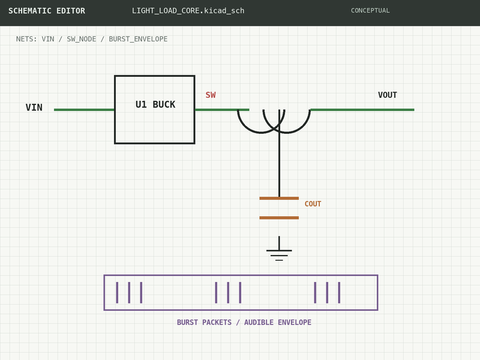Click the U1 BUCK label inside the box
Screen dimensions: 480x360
pyautogui.click(x=155, y=104)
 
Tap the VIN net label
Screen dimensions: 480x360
pyautogui.click(x=34, y=107)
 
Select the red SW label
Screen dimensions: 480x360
pyautogui.click(x=211, y=95)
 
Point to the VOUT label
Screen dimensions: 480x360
pyautogui.click(x=387, y=95)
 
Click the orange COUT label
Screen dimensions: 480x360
pyautogui.click(x=313, y=204)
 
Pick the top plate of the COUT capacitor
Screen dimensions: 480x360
pyautogui.click(x=279, y=199)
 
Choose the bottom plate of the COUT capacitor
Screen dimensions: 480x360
pyautogui.click(x=279, y=218)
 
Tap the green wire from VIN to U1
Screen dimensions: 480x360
pyautogui.click(x=84, y=110)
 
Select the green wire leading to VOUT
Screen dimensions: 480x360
pyautogui.click(x=362, y=110)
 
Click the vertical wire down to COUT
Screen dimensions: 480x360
pyautogui.click(x=279, y=154)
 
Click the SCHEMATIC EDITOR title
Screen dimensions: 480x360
pyautogui.click(x=47, y=11)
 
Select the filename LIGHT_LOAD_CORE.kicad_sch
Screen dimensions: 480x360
pyautogui.click(x=188, y=11)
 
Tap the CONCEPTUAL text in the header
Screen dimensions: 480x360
pyautogui.click(x=370, y=11)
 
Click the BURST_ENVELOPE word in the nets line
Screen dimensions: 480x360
pyautogui.click(x=138, y=39)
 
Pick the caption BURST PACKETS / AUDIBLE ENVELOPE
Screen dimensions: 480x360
pyautogui.click(x=244, y=322)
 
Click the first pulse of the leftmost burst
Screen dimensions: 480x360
pyautogui.click(x=117, y=293)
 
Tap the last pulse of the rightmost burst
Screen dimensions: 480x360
pyautogui.click(x=339, y=293)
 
